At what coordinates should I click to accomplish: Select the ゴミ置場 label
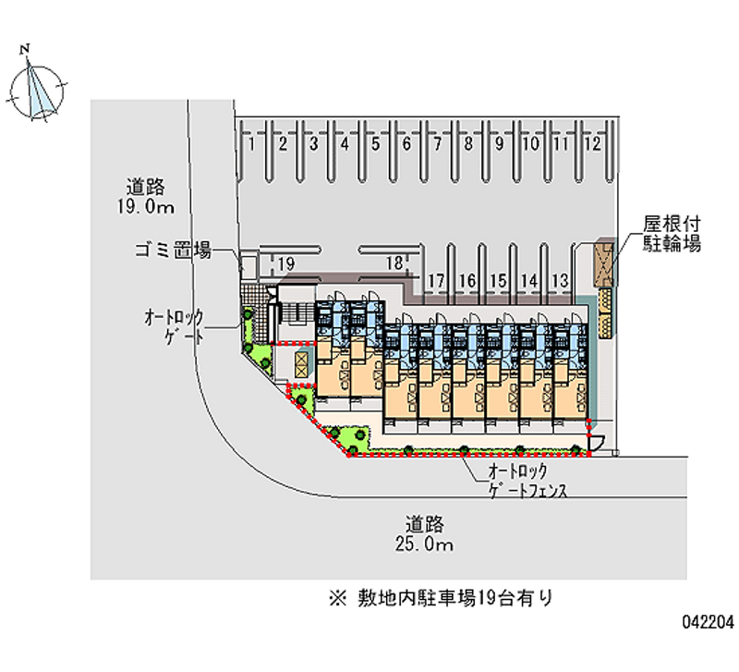tap(173, 249)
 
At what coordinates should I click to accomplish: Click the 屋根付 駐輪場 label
tap(672, 235)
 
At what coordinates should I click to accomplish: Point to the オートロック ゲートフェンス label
tap(527, 482)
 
